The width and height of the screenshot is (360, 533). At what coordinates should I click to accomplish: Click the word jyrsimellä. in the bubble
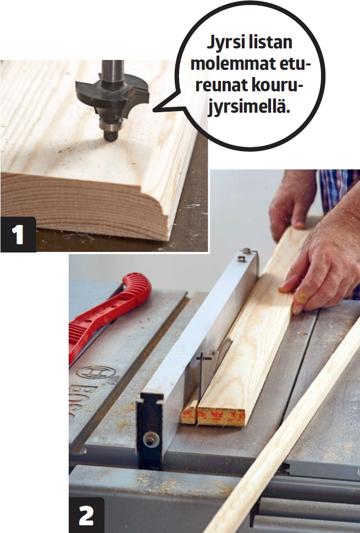pyautogui.click(x=249, y=107)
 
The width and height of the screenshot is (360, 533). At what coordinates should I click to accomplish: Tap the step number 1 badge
pyautogui.click(x=18, y=234)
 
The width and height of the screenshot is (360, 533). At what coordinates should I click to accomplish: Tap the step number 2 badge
pyautogui.click(x=87, y=515)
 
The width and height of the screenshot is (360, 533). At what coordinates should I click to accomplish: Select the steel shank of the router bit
pyautogui.click(x=113, y=72)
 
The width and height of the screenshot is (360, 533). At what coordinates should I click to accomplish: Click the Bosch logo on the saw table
pyautogui.click(x=96, y=372)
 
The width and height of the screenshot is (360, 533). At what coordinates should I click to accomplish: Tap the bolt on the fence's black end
pyautogui.click(x=151, y=439)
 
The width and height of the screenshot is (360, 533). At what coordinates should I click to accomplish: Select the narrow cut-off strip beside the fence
pyautogui.click(x=190, y=411)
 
